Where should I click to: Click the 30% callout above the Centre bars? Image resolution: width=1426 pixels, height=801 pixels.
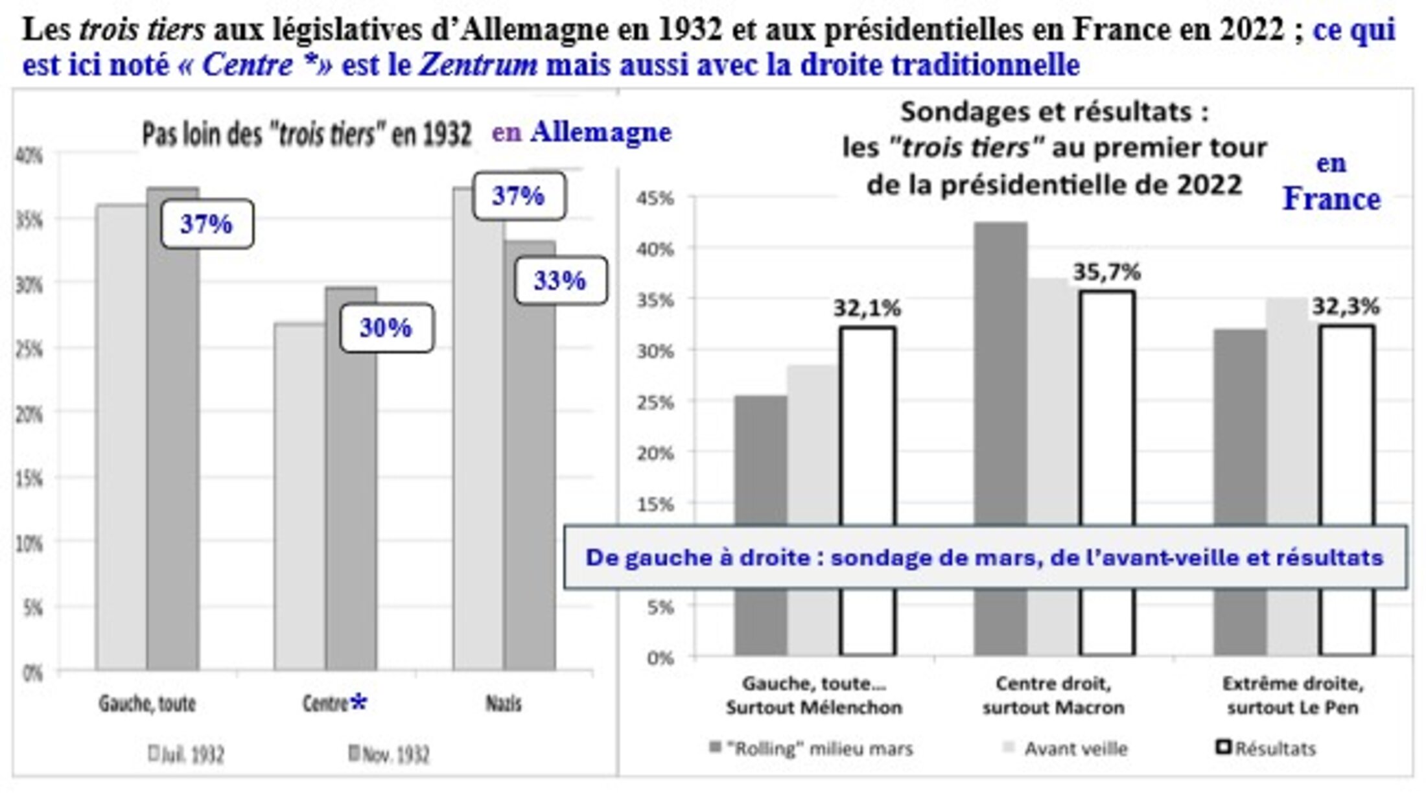(386, 328)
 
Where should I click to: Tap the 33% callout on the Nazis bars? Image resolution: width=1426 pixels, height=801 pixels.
(561, 281)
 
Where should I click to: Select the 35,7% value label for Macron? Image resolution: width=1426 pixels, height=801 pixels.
(1106, 273)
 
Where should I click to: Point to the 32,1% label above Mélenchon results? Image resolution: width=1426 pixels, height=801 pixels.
(867, 309)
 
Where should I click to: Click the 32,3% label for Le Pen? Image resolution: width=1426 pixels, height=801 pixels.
(1346, 307)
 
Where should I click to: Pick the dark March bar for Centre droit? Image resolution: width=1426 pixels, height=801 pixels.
(1000, 389)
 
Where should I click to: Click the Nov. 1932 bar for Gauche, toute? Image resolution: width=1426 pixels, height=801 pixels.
(172, 454)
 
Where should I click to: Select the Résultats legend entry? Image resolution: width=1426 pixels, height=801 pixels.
(1267, 749)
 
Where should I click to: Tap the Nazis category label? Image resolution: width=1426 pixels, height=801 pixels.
(504, 704)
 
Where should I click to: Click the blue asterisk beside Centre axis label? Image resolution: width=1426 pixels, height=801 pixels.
(358, 702)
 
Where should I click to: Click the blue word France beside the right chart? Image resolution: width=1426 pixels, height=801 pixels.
(1331, 199)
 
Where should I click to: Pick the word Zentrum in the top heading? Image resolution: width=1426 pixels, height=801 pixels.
(478, 65)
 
